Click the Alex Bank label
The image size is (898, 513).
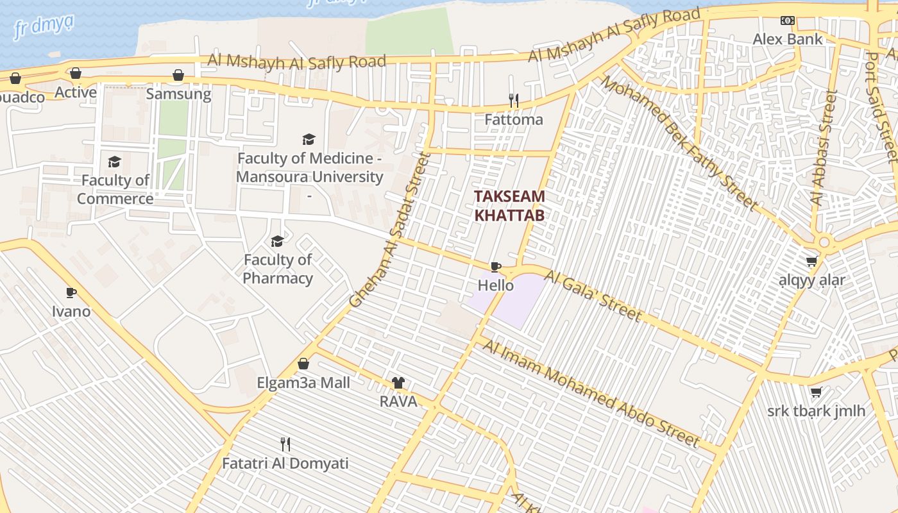click(787, 39)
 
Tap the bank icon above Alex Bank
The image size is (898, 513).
click(787, 21)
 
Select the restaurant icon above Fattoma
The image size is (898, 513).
click(513, 101)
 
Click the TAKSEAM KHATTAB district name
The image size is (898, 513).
click(509, 206)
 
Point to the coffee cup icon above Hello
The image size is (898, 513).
click(495, 267)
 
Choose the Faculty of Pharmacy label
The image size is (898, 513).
click(278, 269)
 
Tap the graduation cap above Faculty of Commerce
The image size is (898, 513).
click(115, 162)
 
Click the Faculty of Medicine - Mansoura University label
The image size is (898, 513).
click(310, 167)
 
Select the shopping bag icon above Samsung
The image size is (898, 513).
click(178, 75)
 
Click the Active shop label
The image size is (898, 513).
click(76, 92)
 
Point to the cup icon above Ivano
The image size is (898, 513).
click(71, 293)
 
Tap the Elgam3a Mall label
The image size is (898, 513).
click(303, 383)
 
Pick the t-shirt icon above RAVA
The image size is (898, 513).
click(398, 383)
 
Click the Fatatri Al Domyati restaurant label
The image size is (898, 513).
click(285, 463)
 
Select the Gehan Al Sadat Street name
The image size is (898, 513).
click(388, 230)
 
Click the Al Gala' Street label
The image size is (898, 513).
click(592, 296)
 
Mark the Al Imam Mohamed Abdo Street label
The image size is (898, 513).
click(590, 393)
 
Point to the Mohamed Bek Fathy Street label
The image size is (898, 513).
click(679, 142)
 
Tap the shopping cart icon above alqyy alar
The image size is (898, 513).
click(811, 261)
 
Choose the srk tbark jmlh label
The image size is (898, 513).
click(816, 410)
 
